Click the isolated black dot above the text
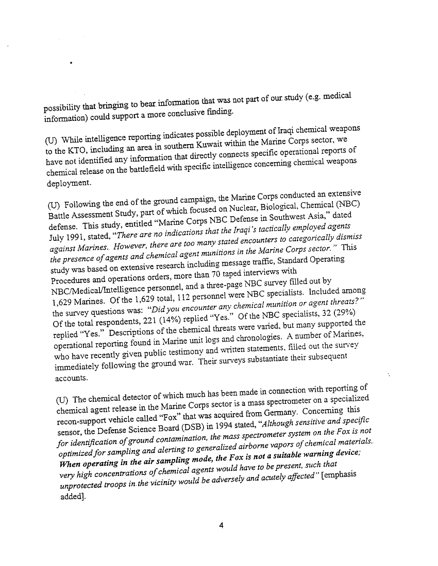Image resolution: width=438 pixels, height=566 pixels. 70,63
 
